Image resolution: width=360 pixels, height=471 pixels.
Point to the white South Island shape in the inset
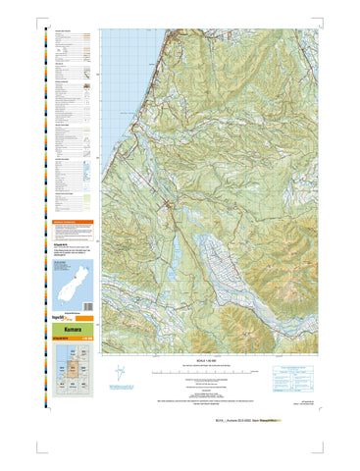66,286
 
